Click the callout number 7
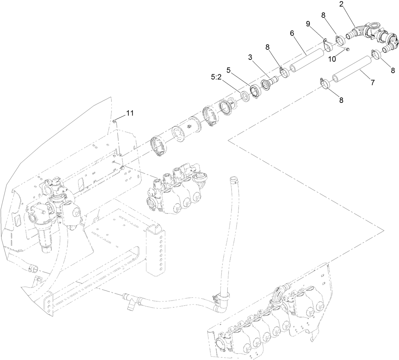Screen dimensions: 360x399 tap(372, 82)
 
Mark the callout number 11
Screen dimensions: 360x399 tap(130, 113)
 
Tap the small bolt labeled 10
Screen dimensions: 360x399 tap(348, 49)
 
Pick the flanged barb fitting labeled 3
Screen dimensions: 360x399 tap(269, 82)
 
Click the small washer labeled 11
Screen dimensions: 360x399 tap(115, 120)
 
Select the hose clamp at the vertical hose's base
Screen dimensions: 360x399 tap(220, 297)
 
